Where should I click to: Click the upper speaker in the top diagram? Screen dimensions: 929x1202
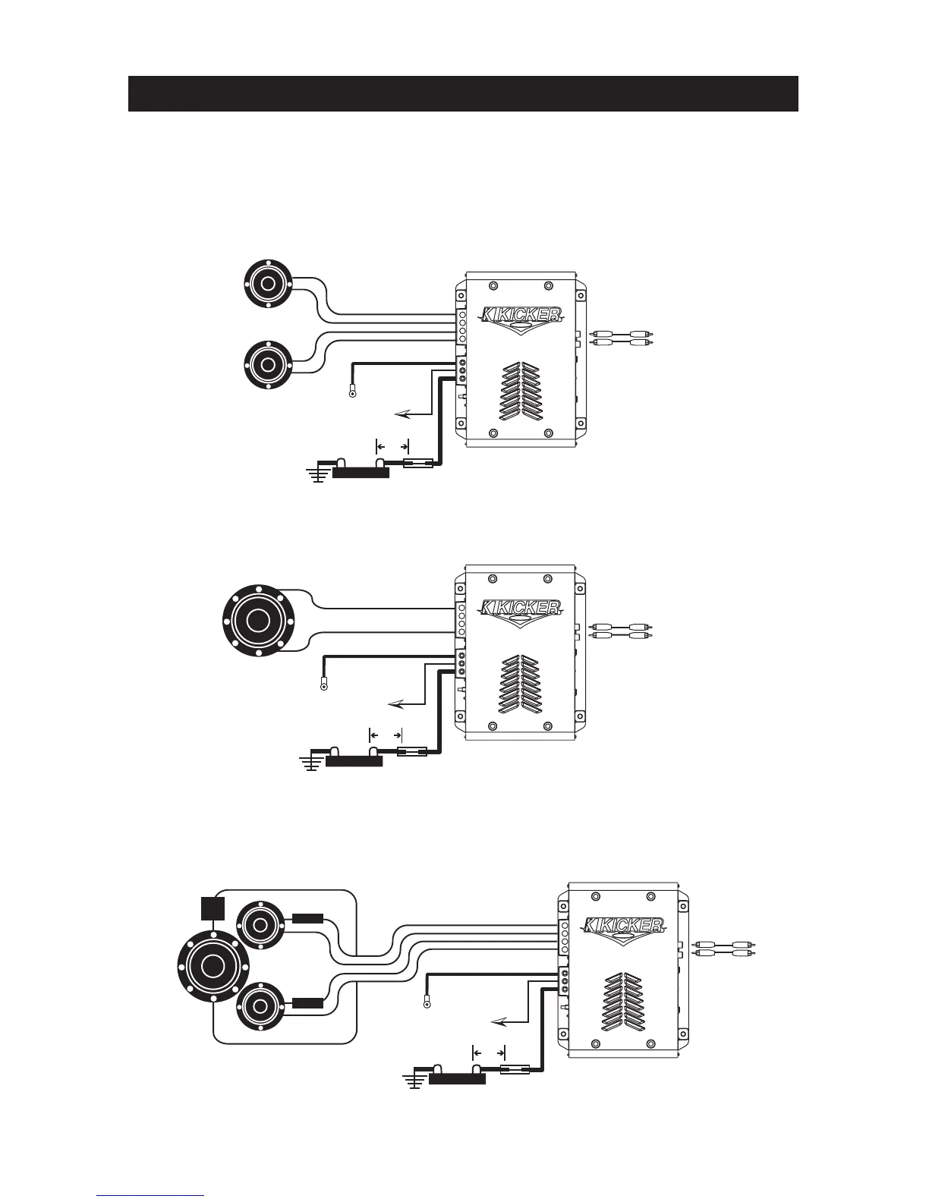click(x=267, y=284)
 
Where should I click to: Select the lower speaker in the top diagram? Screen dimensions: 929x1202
click(x=267, y=363)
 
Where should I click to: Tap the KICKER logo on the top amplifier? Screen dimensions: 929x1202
click(x=521, y=315)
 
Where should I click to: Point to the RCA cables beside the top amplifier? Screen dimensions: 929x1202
click(x=622, y=338)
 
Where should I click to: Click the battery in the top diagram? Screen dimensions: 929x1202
click(x=361, y=472)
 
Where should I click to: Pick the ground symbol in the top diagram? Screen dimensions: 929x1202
click(x=316, y=476)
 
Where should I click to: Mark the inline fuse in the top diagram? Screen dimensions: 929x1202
click(x=419, y=463)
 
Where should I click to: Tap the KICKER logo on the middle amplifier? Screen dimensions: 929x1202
click(x=521, y=608)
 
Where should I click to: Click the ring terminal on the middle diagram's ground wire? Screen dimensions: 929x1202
click(x=324, y=687)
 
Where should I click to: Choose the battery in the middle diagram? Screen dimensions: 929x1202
click(x=354, y=761)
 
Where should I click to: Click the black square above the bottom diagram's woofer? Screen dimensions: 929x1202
click(x=214, y=908)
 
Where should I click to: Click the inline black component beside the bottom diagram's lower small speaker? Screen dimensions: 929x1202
click(x=308, y=1003)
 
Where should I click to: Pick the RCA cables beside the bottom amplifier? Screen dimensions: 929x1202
click(x=725, y=948)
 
